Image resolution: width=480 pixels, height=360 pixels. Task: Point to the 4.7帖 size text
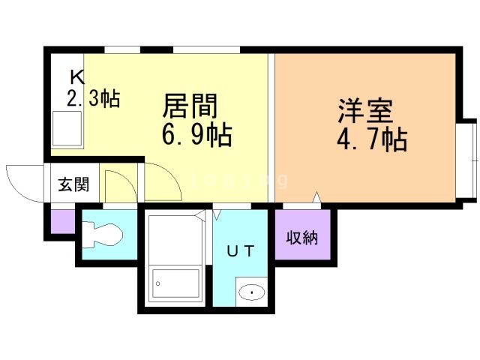pyautogui.click(x=372, y=139)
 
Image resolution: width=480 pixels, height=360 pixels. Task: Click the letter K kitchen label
pyautogui.click(x=76, y=76)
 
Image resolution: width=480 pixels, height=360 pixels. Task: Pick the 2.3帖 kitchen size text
pyautogui.click(x=93, y=98)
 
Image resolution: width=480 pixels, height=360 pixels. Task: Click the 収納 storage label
pyautogui.click(x=302, y=238)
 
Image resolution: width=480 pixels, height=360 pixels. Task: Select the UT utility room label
pyautogui.click(x=241, y=251)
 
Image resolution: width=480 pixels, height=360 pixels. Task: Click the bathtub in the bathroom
pyautogui.click(x=175, y=285)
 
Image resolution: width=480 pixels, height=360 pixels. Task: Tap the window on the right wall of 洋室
pyautogui.click(x=467, y=157)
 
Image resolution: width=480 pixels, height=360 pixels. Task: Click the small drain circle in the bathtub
pyautogui.click(x=158, y=283)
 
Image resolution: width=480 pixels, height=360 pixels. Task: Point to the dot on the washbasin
pyautogui.click(x=252, y=292)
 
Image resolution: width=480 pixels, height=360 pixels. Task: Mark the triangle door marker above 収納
pyautogui.click(x=317, y=198)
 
